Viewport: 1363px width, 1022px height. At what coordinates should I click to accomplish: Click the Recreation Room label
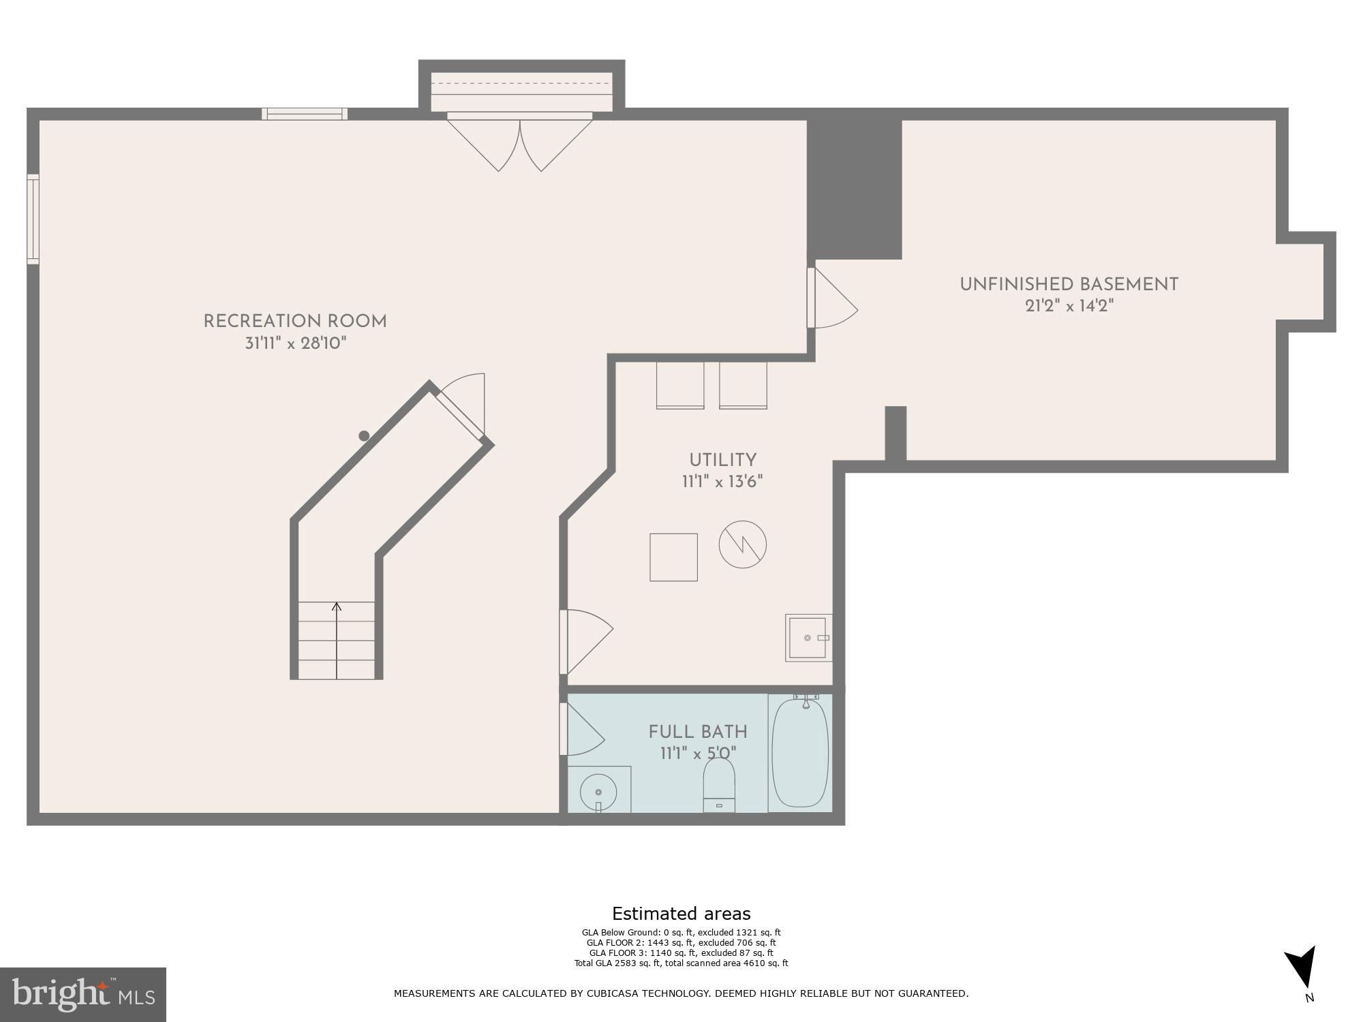(x=295, y=322)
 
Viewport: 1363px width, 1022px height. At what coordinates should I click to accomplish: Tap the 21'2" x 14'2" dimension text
(x=1069, y=307)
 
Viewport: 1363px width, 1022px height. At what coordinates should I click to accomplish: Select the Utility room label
(x=722, y=460)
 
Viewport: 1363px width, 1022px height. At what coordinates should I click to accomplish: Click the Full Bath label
(x=698, y=732)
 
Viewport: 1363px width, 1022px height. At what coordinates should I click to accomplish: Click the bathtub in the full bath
(x=800, y=753)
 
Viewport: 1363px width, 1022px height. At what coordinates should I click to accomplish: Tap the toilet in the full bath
(x=719, y=787)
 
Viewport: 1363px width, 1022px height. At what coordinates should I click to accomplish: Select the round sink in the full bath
(x=598, y=792)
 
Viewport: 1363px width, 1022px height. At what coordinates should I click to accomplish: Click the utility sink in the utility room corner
(x=808, y=638)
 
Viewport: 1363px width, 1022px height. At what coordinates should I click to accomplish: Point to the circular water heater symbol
(x=742, y=544)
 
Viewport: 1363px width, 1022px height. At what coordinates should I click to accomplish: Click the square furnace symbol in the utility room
(x=673, y=557)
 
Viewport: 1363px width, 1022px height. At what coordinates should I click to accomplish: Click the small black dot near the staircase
(x=364, y=435)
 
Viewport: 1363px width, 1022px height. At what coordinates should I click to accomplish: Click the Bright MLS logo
(x=82, y=995)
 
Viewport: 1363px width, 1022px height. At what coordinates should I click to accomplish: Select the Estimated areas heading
(x=681, y=914)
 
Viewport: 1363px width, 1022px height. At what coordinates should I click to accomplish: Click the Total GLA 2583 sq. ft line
(x=681, y=963)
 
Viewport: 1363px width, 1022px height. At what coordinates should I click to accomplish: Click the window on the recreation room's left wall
(x=33, y=219)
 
